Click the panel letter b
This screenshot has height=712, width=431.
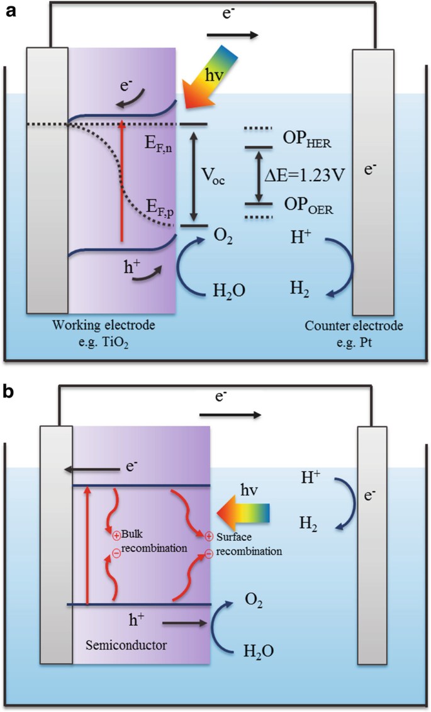10,392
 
